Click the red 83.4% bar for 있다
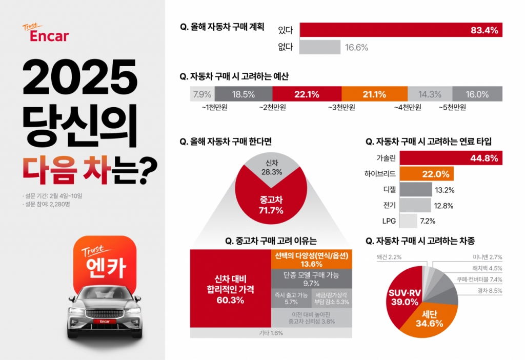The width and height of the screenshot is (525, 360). [x=400, y=30]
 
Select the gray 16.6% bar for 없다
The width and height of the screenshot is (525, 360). [x=319, y=47]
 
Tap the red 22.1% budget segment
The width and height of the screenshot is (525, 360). [x=307, y=94]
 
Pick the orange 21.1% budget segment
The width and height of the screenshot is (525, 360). [x=374, y=94]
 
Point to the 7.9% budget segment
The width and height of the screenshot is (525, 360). [x=201, y=94]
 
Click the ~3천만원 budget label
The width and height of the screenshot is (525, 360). [x=341, y=107]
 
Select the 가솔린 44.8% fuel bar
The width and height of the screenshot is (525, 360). [x=451, y=158]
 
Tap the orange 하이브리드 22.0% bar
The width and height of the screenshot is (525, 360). [x=427, y=174]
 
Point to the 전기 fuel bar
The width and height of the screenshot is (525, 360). [x=415, y=206]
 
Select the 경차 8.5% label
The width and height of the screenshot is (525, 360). [x=489, y=291]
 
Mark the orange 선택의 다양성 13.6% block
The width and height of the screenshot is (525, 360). [x=311, y=259]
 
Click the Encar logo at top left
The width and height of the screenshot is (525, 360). [x=46, y=33]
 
